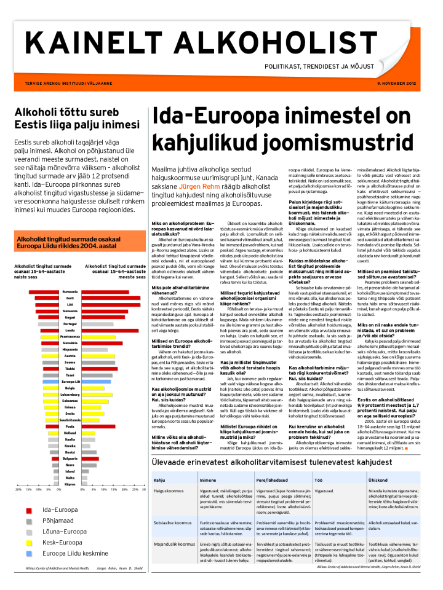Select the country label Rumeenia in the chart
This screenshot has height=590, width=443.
tap(70, 291)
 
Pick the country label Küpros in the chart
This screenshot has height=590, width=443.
tap(70, 485)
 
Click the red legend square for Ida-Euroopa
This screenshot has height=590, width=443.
tap(28, 510)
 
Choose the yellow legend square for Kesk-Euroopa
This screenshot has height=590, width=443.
tap(28, 542)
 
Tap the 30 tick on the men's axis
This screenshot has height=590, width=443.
tap(143, 490)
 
